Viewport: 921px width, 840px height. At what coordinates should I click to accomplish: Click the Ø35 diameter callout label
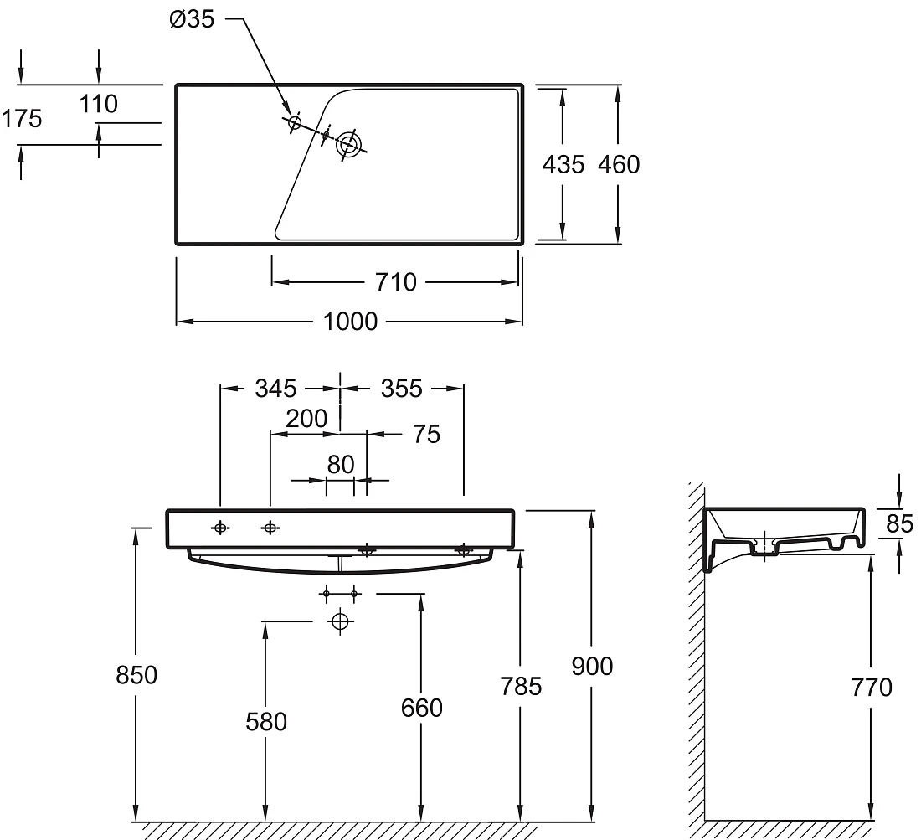click(x=192, y=19)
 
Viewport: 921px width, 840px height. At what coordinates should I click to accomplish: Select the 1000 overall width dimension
click(x=350, y=322)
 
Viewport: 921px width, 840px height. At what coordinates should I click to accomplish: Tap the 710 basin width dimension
click(x=396, y=282)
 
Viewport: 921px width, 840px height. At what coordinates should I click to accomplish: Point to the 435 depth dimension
click(x=563, y=164)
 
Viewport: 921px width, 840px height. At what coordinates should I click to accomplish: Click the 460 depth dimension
click(x=619, y=164)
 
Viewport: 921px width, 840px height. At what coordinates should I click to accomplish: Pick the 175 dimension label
click(x=22, y=119)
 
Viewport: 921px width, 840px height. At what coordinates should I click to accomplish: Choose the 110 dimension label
click(x=98, y=104)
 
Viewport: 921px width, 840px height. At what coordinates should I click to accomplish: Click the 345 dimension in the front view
click(x=275, y=389)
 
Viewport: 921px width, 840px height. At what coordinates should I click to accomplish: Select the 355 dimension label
click(x=402, y=389)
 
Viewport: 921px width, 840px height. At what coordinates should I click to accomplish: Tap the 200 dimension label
click(x=306, y=419)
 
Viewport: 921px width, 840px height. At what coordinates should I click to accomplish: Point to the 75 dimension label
click(x=426, y=435)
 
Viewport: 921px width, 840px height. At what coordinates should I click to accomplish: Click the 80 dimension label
click(x=341, y=465)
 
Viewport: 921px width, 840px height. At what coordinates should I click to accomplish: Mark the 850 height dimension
click(x=136, y=676)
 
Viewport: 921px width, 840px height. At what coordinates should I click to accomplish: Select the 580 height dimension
click(x=266, y=722)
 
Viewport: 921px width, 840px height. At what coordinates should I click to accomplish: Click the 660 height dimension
click(x=422, y=708)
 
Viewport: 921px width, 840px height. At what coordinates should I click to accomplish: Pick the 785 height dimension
click(x=521, y=686)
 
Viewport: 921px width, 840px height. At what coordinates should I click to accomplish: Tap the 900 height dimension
click(x=592, y=666)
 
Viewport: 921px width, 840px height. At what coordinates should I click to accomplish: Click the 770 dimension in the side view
click(x=872, y=688)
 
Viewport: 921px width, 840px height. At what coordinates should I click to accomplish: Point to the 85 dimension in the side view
click(x=900, y=524)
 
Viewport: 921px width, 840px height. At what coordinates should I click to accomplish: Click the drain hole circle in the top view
click(x=349, y=143)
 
